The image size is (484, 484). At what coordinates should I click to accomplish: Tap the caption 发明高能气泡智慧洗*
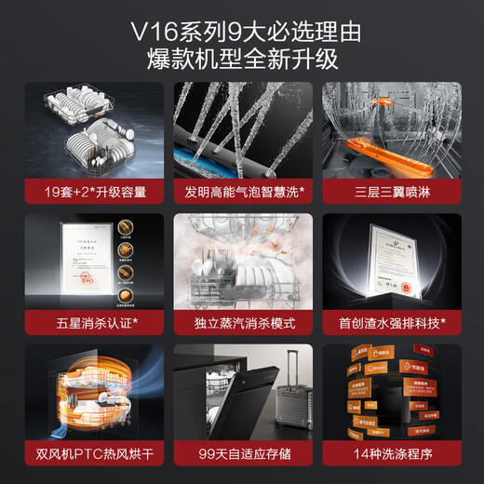click(241, 192)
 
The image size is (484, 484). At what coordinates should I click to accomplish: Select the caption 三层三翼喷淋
click(390, 192)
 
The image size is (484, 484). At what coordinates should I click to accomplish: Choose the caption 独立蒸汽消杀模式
click(241, 323)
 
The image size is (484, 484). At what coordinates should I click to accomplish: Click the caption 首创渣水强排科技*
click(390, 323)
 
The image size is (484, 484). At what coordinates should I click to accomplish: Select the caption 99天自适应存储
click(241, 455)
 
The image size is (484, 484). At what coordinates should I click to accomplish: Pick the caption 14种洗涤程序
click(390, 455)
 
